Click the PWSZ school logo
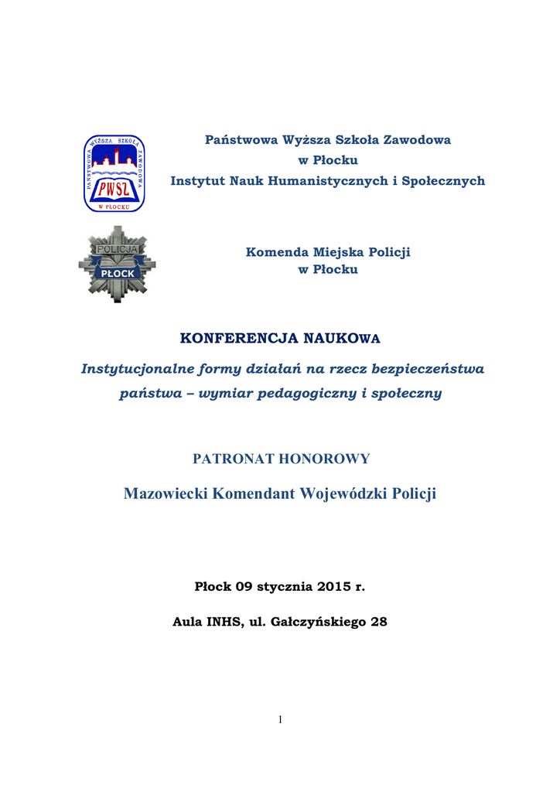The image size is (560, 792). (114, 173)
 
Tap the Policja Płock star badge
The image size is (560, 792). (117, 265)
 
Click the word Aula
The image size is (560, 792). (186, 622)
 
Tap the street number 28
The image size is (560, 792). (379, 622)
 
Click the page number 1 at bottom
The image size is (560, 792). (280, 720)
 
